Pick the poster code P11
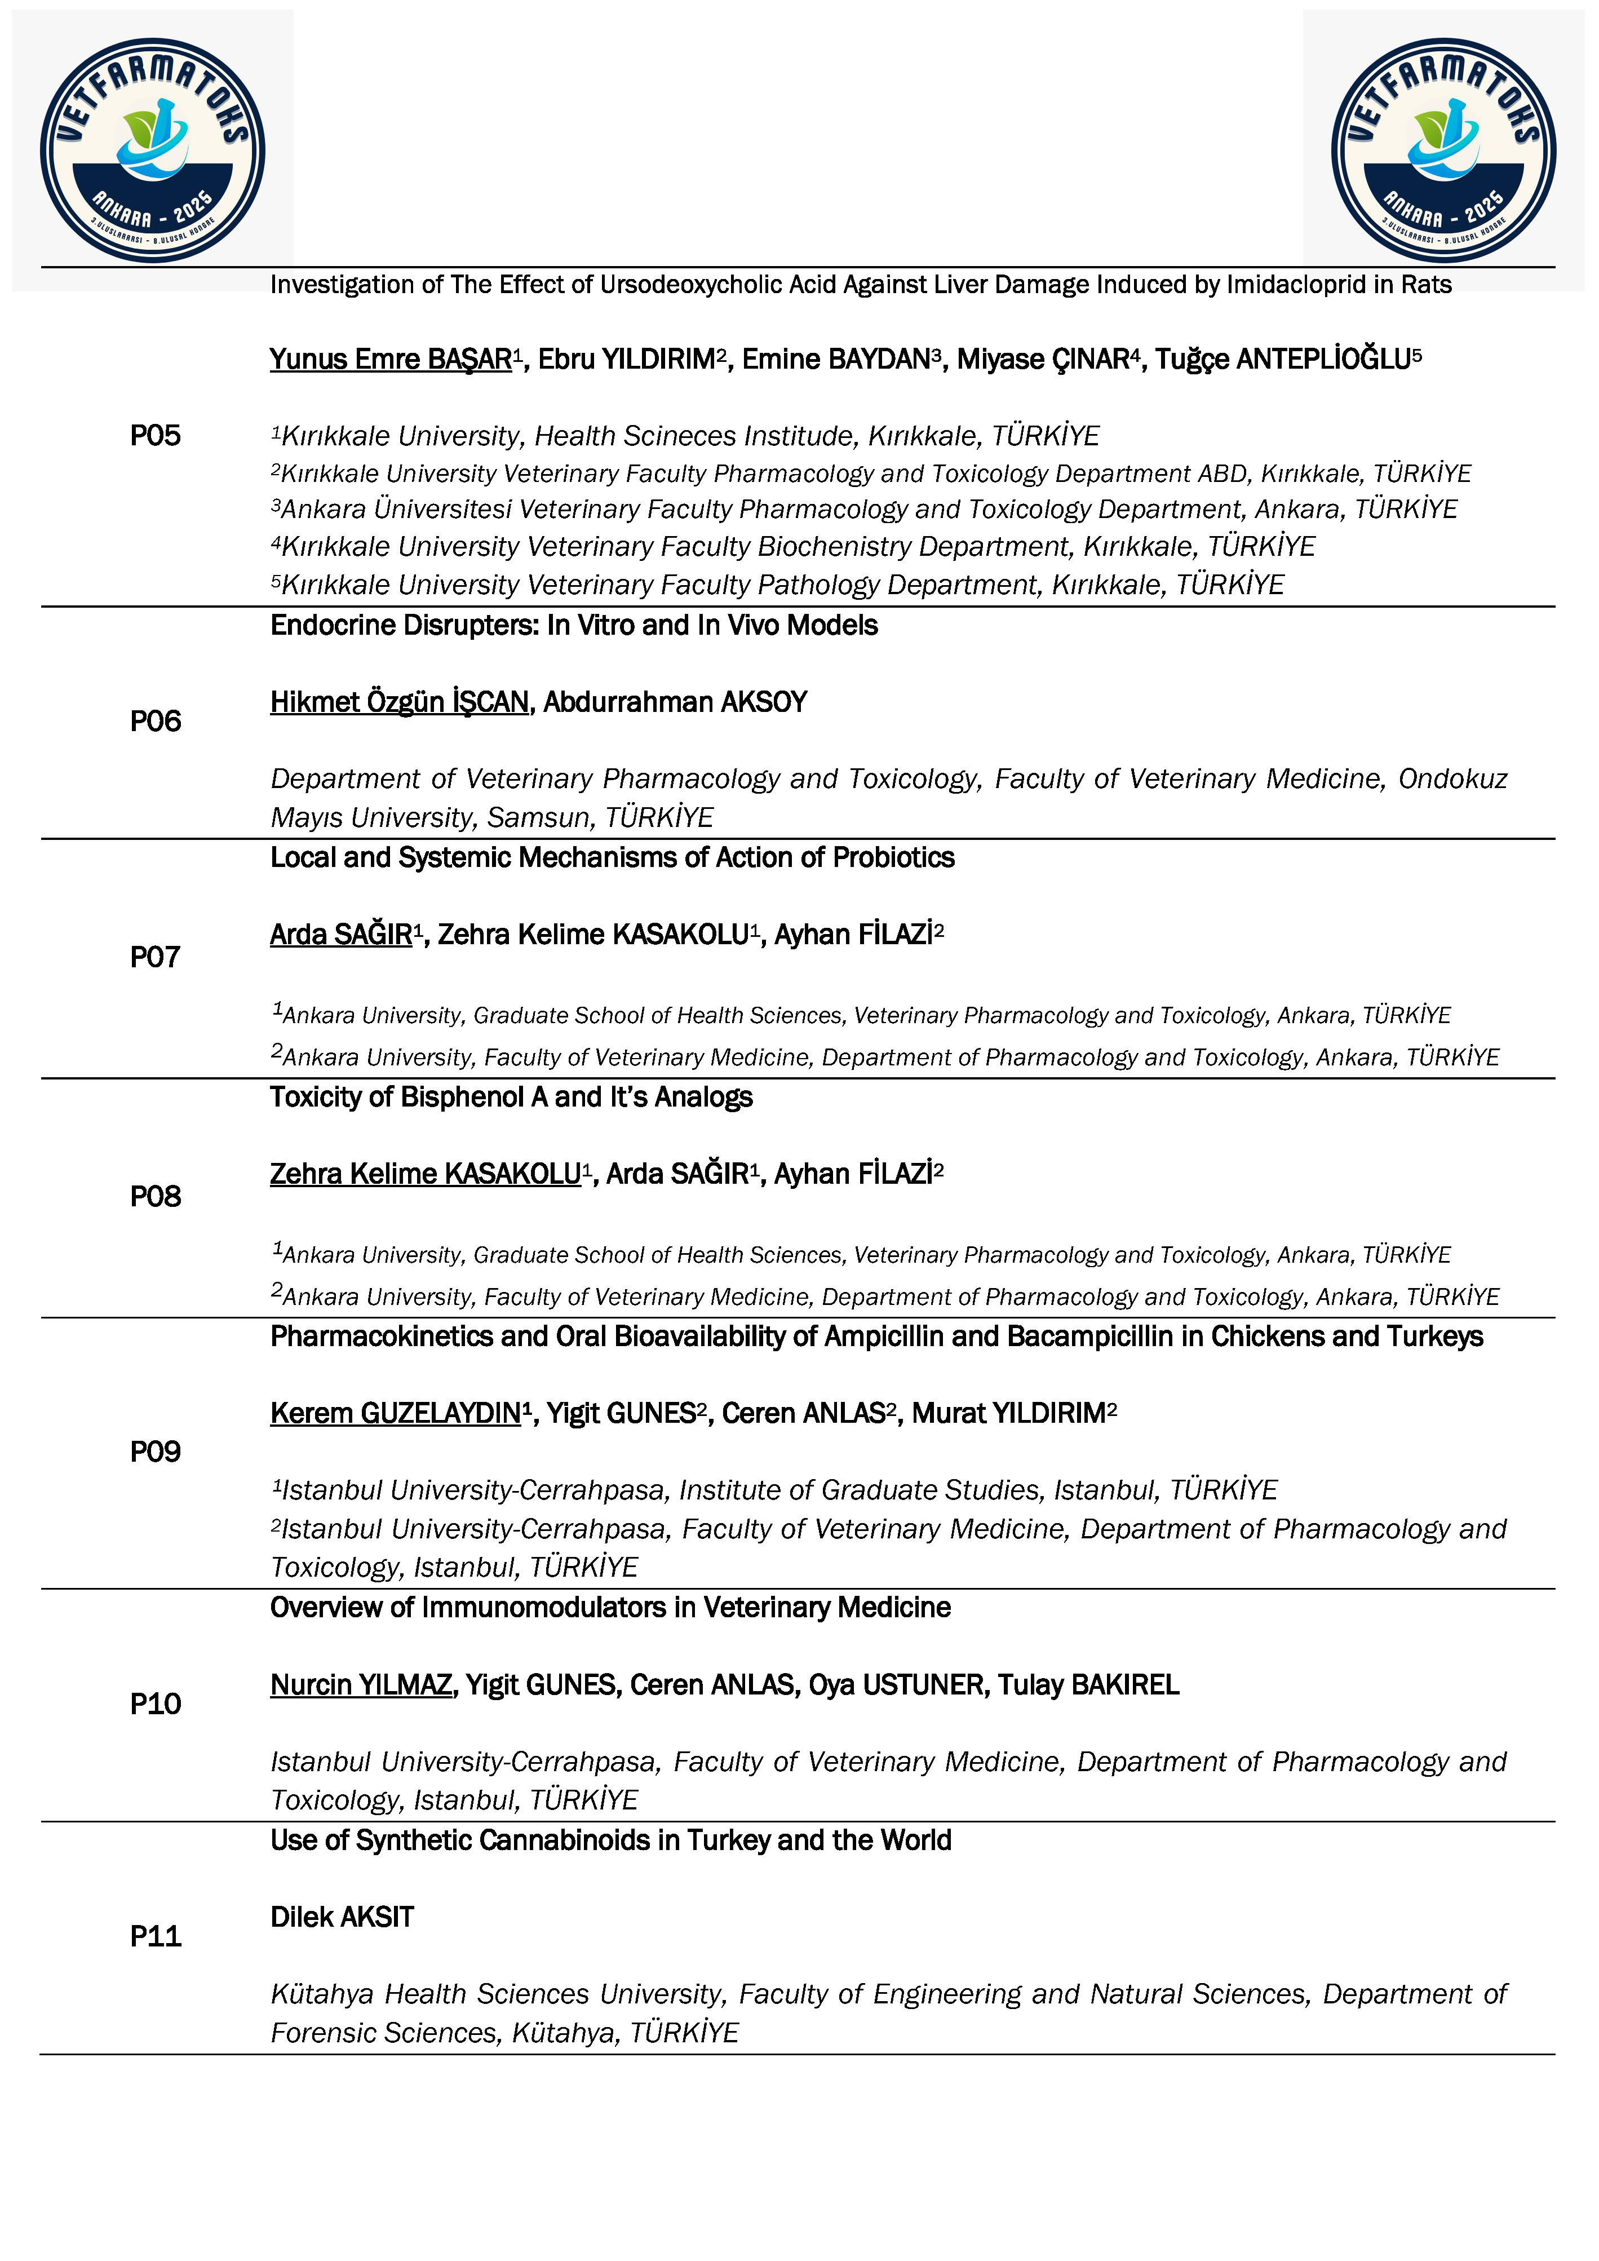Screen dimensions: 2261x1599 pos(156,1936)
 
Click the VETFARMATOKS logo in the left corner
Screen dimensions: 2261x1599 pos(153,151)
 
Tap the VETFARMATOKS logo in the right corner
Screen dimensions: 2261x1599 pos(1443,151)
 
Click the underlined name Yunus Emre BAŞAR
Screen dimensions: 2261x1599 pos(391,360)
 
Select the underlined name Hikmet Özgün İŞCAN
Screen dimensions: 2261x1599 pos(400,702)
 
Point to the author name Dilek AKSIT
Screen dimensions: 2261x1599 pos(342,1917)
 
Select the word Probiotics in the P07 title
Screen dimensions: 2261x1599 pos(893,858)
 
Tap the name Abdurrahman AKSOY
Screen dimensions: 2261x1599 pos(675,702)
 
